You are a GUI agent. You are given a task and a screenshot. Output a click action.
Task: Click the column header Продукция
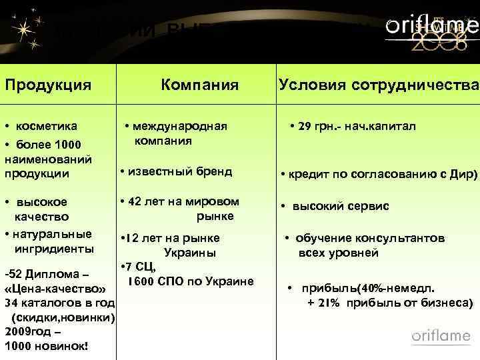(48, 85)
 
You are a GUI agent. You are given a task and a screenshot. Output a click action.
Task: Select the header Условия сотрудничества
(378, 85)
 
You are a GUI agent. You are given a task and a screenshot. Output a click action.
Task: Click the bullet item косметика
(47, 126)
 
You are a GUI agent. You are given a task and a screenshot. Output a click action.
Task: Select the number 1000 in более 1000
(67, 145)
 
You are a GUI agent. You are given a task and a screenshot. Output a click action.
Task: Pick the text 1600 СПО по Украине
(191, 281)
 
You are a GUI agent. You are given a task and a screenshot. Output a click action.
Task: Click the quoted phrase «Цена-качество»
(55, 290)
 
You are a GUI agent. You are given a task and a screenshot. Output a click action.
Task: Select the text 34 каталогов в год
(59, 303)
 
